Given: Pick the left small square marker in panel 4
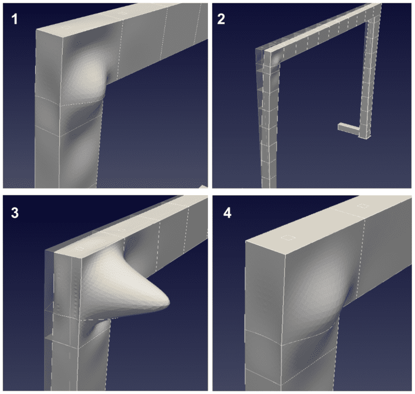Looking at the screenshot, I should pyautogui.click(x=290, y=237).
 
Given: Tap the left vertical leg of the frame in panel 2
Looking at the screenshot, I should pyautogui.click(x=266, y=124).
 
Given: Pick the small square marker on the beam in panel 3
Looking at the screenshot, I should pyautogui.click(x=80, y=249).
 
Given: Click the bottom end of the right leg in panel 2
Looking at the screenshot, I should pyautogui.click(x=366, y=135).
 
